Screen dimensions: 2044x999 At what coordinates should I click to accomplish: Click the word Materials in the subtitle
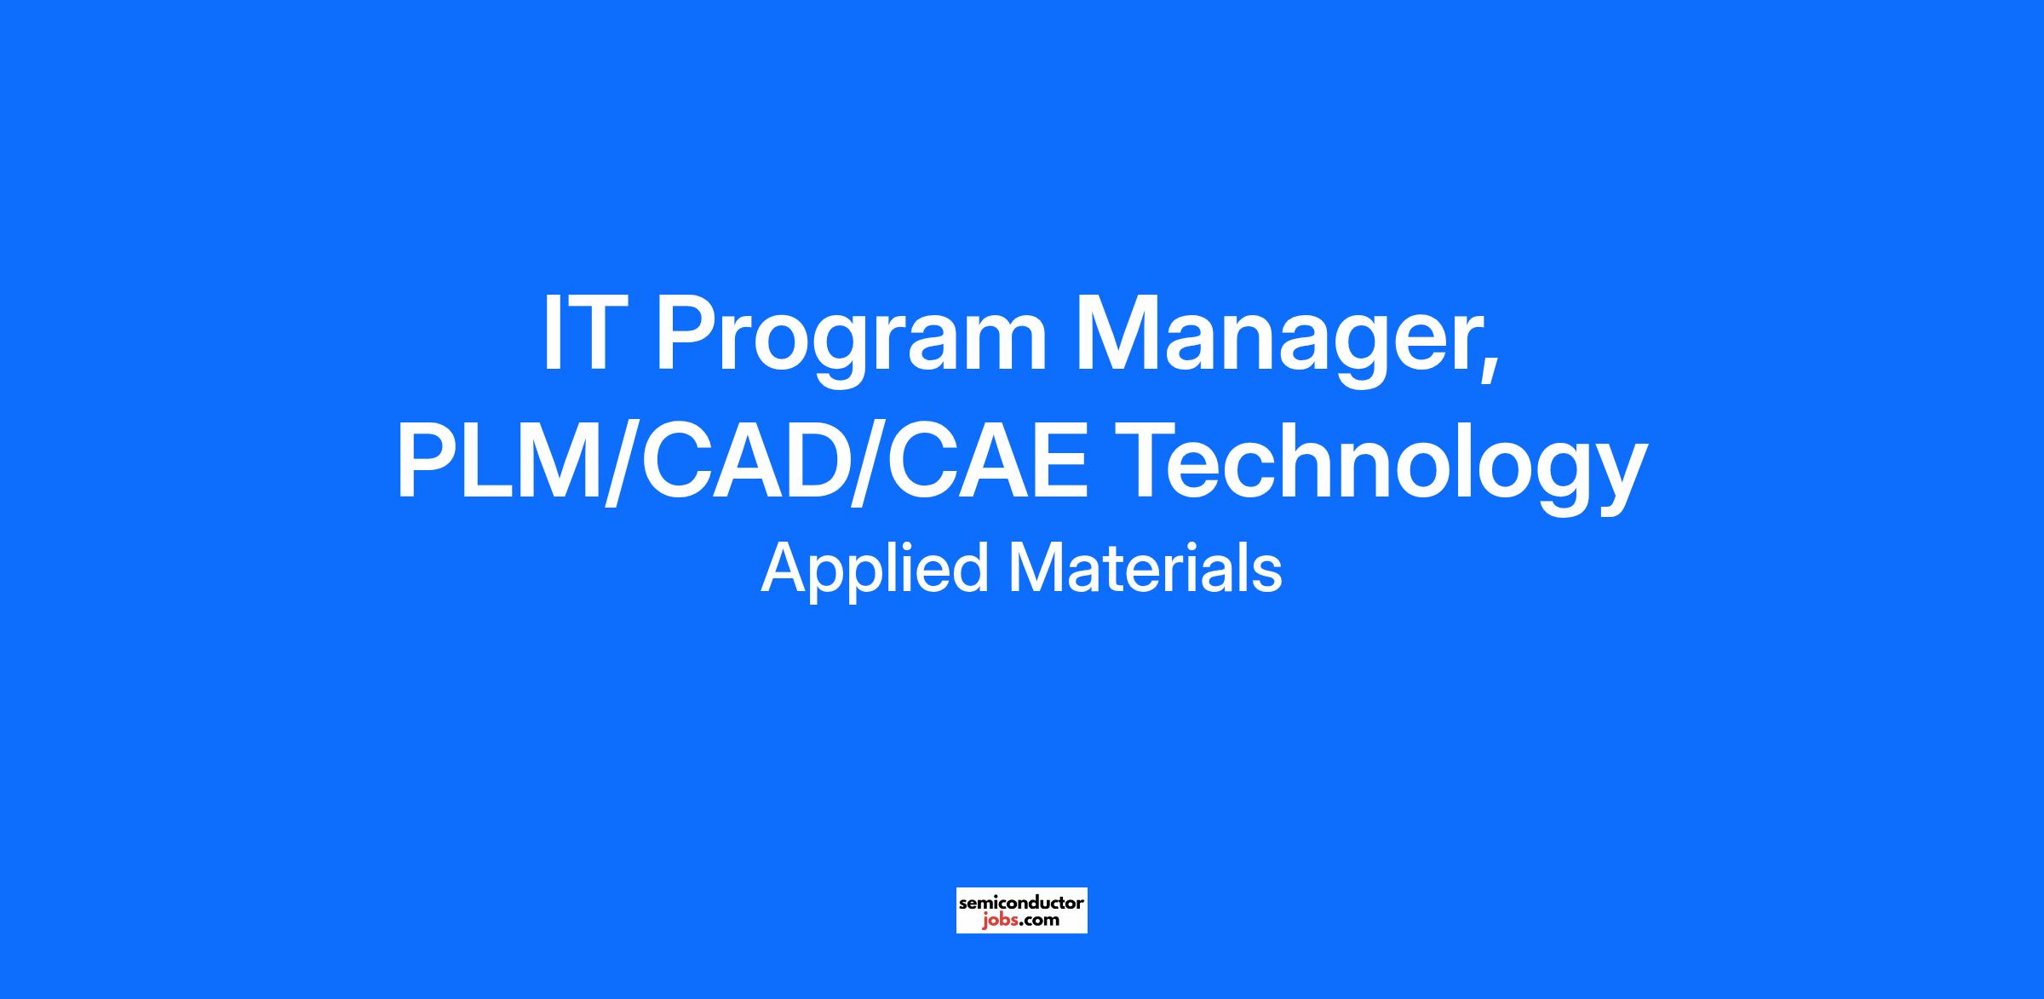[x=1145, y=568]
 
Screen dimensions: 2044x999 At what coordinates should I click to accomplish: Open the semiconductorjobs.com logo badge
[x=1021, y=910]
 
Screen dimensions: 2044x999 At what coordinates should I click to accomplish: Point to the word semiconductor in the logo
[x=1021, y=902]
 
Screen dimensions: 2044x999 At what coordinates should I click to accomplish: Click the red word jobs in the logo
[x=999, y=921]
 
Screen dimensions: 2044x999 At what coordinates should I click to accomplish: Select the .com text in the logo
[x=1039, y=921]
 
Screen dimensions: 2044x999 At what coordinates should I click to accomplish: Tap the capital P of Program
[x=686, y=333]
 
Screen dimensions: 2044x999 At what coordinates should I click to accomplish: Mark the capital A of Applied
[x=785, y=568]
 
